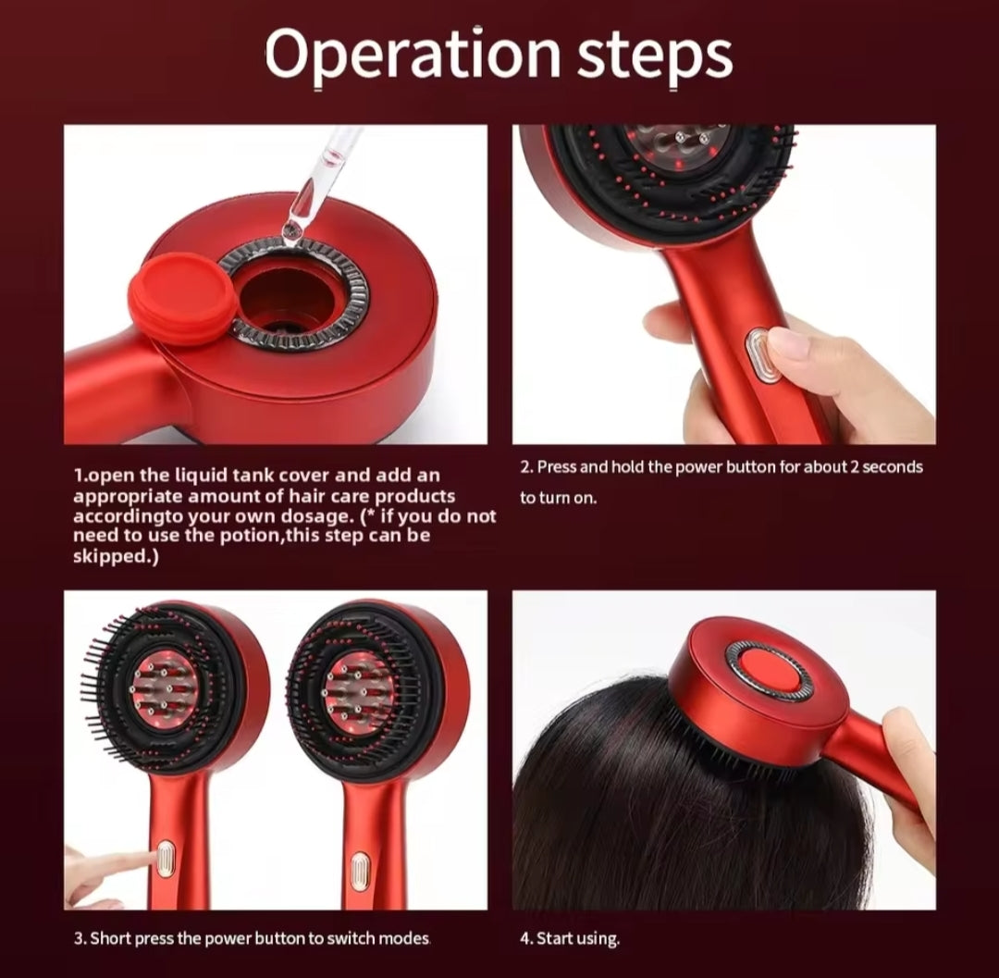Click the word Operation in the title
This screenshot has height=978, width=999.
point(413,56)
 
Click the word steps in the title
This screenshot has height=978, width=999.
point(654,56)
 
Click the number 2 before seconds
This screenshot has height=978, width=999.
point(855,467)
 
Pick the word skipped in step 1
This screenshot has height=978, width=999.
point(108,556)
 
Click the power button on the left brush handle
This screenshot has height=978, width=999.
point(166,860)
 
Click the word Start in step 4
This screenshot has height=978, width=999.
point(554,938)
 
